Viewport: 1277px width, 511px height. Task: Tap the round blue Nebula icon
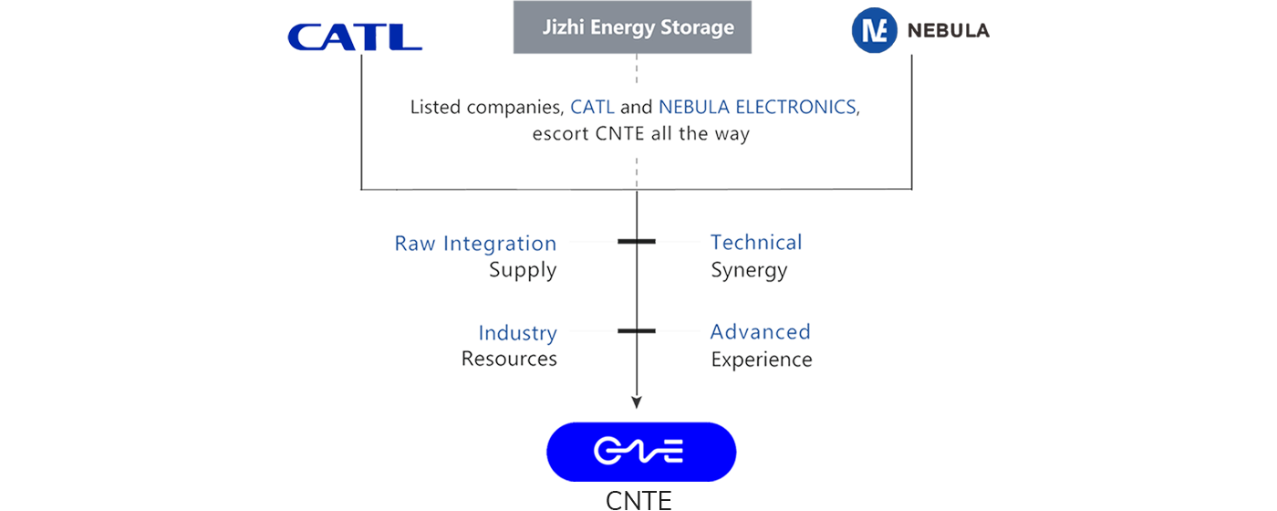pos(873,30)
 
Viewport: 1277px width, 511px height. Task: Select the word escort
pos(564,132)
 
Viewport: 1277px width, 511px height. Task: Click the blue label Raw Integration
pos(475,244)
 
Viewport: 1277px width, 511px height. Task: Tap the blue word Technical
pos(754,244)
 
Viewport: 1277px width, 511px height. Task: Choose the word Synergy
pos(749,269)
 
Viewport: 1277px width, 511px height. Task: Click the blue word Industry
pos(518,333)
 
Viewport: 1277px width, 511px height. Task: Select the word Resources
pos(509,359)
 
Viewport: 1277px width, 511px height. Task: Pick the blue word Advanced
pos(759,333)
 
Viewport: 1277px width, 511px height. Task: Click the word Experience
pos(761,359)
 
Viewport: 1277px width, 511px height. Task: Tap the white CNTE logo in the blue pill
pos(638,451)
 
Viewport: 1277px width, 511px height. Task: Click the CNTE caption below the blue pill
pos(638,500)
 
